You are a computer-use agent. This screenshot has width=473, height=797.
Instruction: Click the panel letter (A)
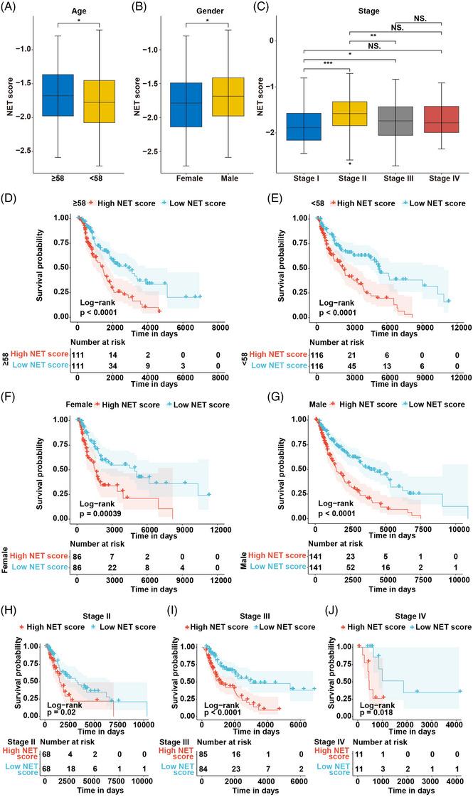pyautogui.click(x=12, y=8)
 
